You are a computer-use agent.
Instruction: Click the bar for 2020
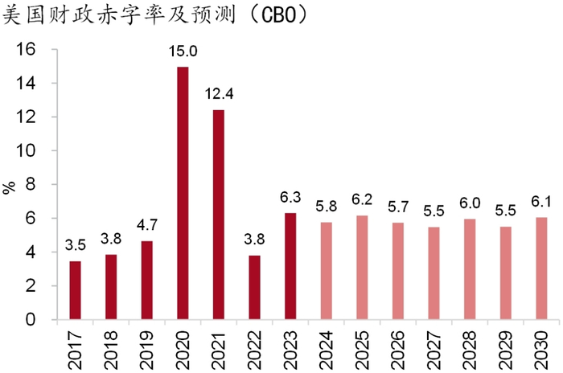click(x=183, y=193)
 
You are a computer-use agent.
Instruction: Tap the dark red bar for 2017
click(x=76, y=290)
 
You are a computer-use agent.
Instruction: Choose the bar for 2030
click(x=541, y=268)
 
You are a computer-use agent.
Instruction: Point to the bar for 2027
click(x=434, y=273)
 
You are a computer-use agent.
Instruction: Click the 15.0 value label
click(x=183, y=51)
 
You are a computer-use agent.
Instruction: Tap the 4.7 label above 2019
click(x=147, y=226)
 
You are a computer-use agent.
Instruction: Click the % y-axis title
click(x=10, y=188)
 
